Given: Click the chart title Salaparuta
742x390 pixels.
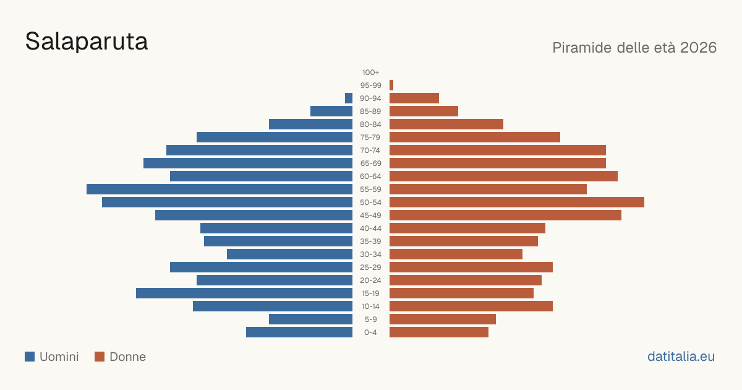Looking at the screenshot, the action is tap(87, 41).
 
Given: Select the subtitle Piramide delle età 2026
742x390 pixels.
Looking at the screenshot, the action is tap(634, 48).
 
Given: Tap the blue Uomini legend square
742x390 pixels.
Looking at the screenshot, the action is tap(30, 357).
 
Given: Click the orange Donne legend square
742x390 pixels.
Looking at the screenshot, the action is tap(100, 357).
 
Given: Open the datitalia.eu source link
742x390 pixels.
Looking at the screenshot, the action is tap(681, 357).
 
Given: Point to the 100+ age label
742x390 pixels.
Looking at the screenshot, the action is tap(370, 72).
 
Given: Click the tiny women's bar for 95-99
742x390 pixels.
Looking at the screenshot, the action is tap(391, 85).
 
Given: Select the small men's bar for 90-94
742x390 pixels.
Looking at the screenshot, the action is tap(349, 98).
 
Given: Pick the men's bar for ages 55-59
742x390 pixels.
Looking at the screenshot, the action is tap(220, 189).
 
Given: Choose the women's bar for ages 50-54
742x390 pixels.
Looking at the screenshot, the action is tap(517, 202).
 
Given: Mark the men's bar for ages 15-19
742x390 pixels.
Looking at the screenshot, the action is tap(244, 293).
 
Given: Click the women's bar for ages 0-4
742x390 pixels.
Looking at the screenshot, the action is tap(439, 332).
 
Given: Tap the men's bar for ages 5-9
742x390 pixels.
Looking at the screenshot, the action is tap(310, 319).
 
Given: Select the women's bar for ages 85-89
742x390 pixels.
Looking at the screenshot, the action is tap(424, 111).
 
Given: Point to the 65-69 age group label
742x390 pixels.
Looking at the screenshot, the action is tap(370, 163).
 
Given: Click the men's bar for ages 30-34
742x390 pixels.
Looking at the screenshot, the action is tap(290, 254).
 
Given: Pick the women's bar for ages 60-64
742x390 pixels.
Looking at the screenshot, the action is tap(503, 176).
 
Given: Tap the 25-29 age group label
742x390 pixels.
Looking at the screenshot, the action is tap(370, 267).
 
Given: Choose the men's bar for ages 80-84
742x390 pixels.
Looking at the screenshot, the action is tap(310, 124).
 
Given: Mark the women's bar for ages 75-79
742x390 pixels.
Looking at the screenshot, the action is tap(475, 137).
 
